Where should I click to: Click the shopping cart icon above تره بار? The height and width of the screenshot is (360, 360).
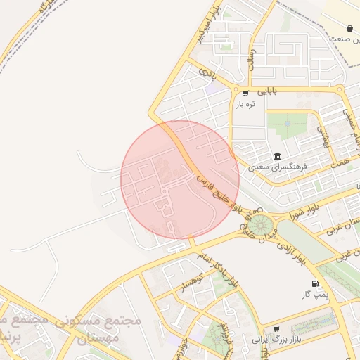245,93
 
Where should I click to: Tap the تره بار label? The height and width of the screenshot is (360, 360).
245,104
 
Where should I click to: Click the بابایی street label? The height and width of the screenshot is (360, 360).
266,91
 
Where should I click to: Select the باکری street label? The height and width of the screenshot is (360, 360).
208,72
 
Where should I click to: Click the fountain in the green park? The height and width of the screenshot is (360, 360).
287,125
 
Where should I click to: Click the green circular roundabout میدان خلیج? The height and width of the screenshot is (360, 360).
262,226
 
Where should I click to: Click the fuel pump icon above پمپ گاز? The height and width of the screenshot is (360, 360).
314,284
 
